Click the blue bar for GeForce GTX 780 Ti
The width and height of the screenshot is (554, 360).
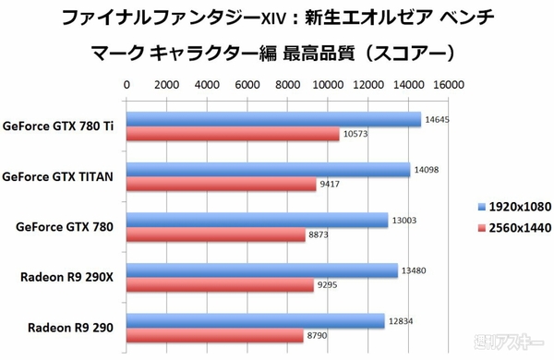273,119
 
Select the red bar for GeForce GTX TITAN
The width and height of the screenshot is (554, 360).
222,184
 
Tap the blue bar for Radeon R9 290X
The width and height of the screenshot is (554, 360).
262,270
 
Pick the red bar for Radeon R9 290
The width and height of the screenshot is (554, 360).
215,335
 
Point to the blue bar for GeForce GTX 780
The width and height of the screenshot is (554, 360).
258,220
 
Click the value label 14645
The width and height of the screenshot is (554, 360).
437,119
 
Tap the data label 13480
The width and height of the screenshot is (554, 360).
413,270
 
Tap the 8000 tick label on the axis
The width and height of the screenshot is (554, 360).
287,84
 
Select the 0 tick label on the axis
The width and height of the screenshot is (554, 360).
126,84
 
